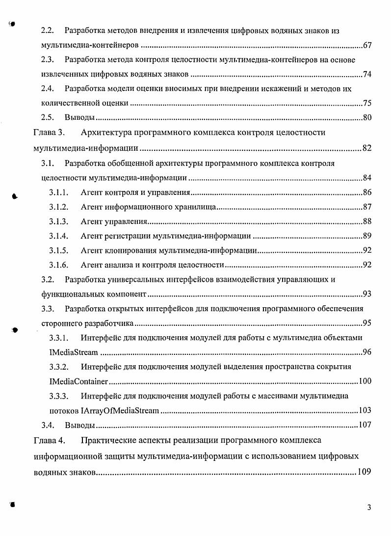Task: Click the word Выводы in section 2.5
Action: pos(79,118)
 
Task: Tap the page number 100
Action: pos(365,381)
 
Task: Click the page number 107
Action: pos(365,425)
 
